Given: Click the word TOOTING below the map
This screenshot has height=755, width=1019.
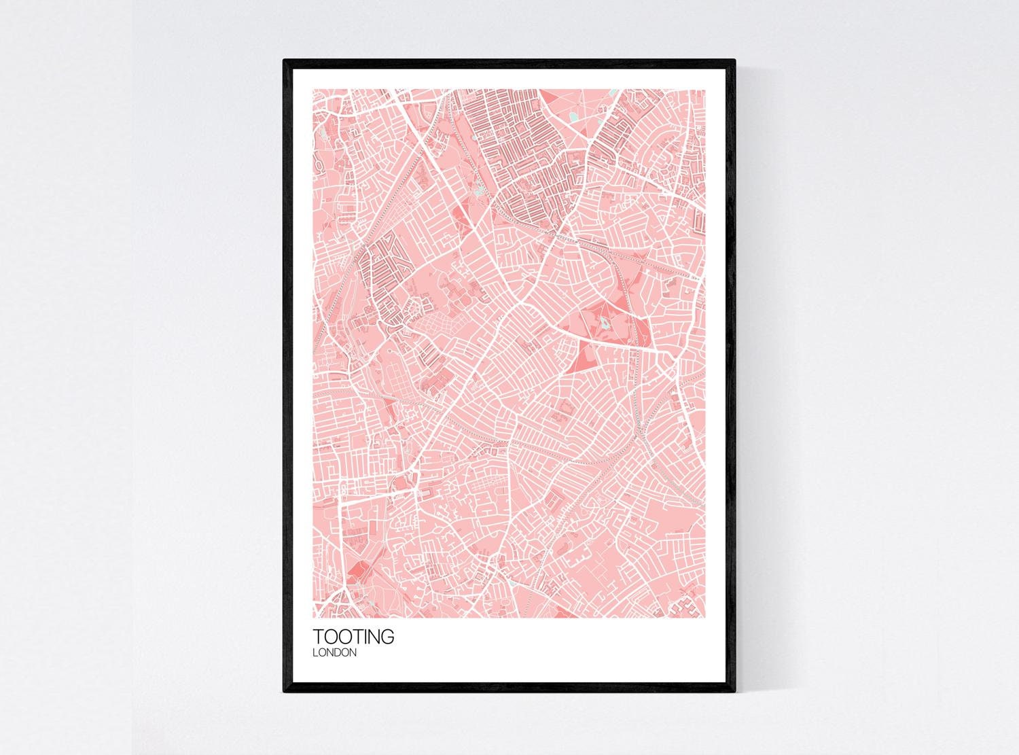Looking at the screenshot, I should coord(353,637).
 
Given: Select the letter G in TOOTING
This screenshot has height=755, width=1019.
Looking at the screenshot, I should coord(385,637).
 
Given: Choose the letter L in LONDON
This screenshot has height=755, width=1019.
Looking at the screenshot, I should coord(315,653).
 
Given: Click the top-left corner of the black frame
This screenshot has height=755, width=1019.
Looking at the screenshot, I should coord(284,60).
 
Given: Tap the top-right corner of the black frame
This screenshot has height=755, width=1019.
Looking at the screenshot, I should coord(736,60).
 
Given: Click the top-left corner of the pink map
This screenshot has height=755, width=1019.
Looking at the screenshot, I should coord(312,89).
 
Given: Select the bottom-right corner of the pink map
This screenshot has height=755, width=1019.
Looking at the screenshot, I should coord(707,619).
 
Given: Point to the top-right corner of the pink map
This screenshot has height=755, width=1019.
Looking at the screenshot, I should coord(707,89).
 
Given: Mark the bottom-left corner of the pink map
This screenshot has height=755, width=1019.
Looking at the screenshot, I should coord(312,619).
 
